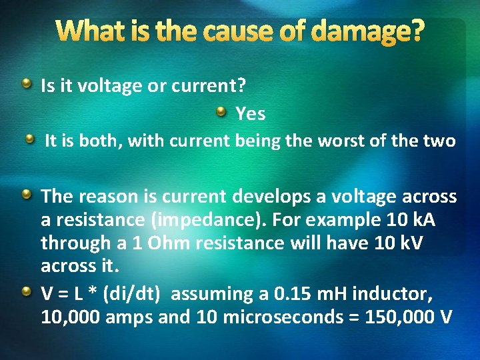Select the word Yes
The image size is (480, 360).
(251, 114)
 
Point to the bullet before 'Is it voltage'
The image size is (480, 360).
(26, 83)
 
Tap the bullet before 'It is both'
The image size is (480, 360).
(30, 139)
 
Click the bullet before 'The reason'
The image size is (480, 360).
(26, 194)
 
